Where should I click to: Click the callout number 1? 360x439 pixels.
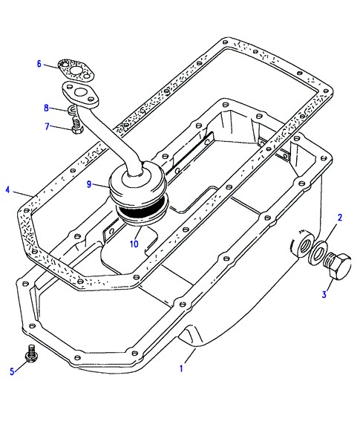click(x=181, y=368)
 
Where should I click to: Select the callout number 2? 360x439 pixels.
click(x=340, y=217)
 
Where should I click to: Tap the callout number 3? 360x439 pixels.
click(x=324, y=294)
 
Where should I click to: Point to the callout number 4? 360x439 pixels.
click(x=7, y=190)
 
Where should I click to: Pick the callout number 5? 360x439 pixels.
click(x=12, y=371)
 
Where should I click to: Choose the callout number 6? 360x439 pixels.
click(x=39, y=64)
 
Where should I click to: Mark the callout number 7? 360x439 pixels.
click(x=47, y=126)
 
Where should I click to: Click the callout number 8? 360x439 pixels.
click(x=47, y=108)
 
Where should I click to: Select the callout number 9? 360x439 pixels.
click(x=89, y=184)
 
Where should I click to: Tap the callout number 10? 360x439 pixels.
click(x=134, y=244)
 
